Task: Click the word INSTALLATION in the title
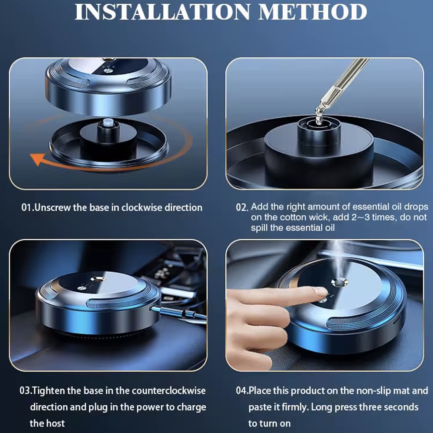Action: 162,12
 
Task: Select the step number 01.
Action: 27,208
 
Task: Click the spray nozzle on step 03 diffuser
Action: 98,279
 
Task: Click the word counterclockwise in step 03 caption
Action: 169,391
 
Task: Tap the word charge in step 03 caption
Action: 191,407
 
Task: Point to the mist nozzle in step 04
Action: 339,282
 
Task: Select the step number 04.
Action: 242,391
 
